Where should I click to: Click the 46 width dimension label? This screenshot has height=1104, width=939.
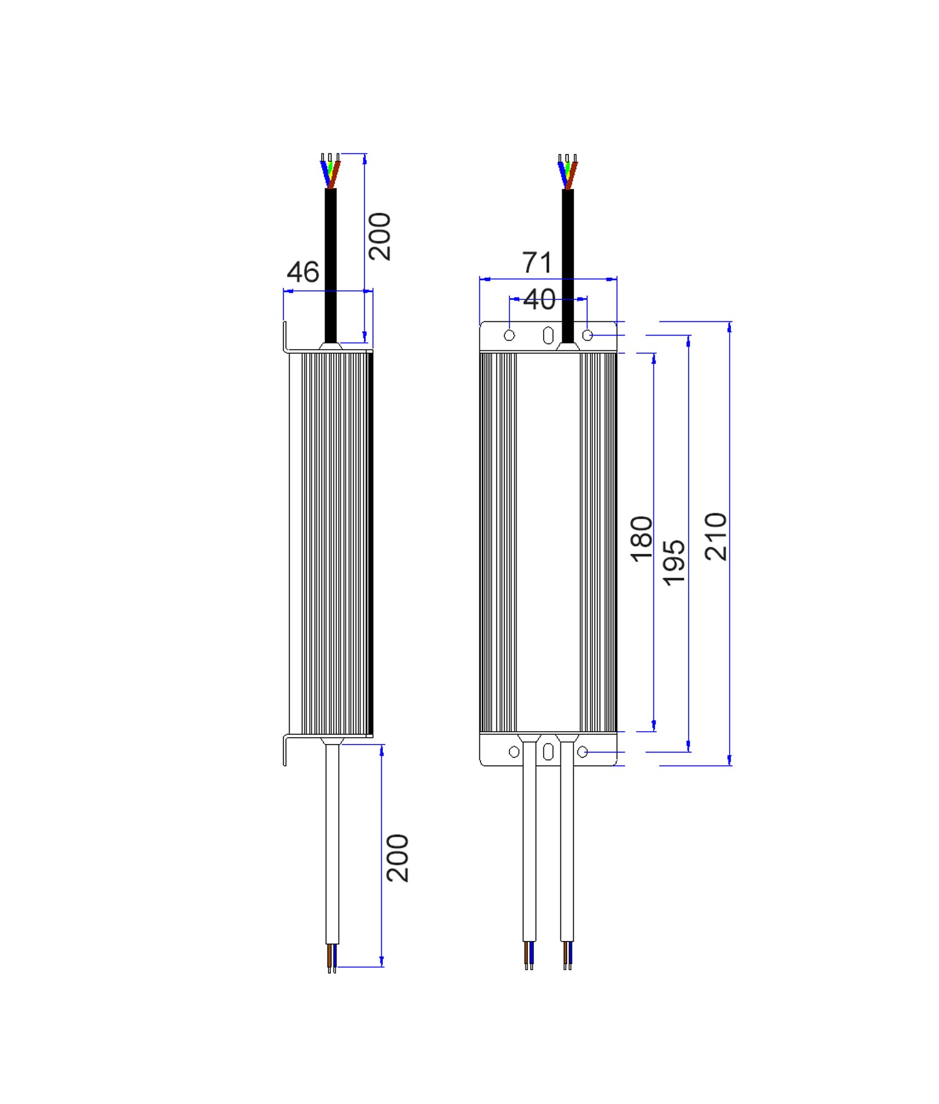[303, 272]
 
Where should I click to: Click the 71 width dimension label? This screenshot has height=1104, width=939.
[537, 263]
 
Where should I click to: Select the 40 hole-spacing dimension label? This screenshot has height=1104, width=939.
[539, 299]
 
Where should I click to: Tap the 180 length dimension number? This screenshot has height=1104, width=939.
[642, 539]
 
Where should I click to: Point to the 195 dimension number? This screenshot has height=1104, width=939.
[674, 562]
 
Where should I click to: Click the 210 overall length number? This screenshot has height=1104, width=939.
[716, 537]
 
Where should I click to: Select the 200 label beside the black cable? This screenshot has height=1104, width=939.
[380, 237]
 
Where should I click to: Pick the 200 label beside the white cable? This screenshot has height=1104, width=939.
[398, 857]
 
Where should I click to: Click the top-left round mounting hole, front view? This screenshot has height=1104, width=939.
[509, 335]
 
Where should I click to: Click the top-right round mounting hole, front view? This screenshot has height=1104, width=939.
[587, 335]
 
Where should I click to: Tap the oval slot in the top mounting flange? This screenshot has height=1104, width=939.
[548, 335]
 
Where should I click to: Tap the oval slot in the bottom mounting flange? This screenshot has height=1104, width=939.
[548, 752]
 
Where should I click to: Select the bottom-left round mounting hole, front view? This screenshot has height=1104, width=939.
[514, 752]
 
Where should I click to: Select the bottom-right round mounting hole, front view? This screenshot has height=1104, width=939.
[582, 751]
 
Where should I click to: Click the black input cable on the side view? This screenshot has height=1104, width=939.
[331, 264]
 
